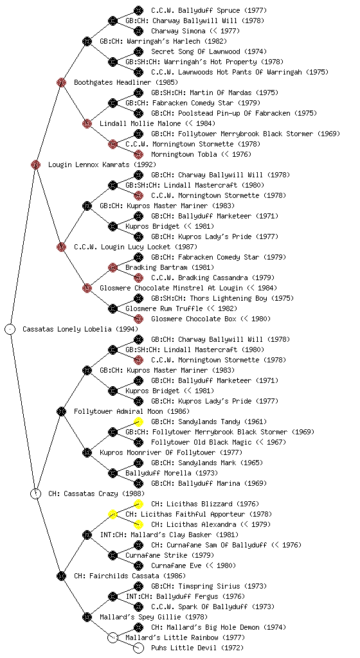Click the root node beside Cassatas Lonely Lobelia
click(x=10, y=330)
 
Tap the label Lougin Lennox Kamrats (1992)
click(x=102, y=165)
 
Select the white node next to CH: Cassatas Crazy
click(x=36, y=494)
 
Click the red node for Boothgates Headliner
click(x=62, y=83)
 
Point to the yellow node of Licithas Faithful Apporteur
click(x=113, y=515)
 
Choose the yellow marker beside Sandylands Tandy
click(x=138, y=422)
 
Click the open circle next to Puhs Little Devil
click(x=138, y=648)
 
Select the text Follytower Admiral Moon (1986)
click(x=132, y=412)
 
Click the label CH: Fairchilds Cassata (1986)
click(x=130, y=576)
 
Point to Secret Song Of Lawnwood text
click(x=195, y=51)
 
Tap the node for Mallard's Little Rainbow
click(x=113, y=638)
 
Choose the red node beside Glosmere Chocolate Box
click(x=138, y=319)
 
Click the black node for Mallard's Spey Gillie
click(x=87, y=618)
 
